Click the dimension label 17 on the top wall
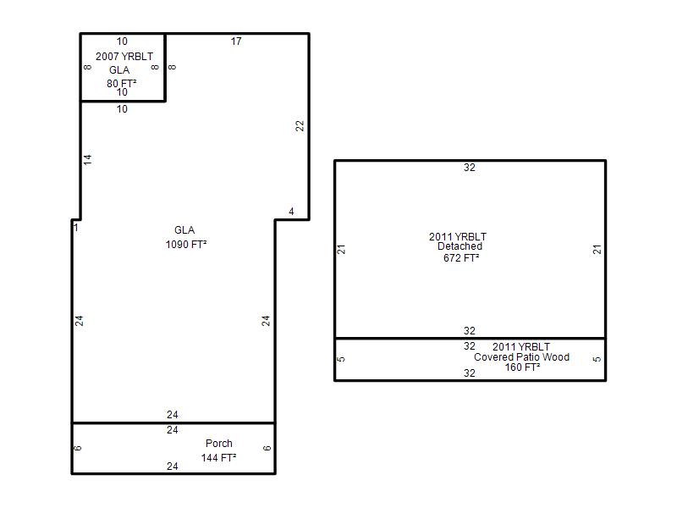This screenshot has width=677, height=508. tap(236, 41)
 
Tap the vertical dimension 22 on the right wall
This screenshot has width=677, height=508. tap(300, 125)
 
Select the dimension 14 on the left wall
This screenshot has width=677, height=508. tap(87, 159)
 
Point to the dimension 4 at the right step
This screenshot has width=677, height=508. tap(291, 211)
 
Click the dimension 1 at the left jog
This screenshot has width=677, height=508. tap(76, 227)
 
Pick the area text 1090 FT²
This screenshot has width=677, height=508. tap(186, 245)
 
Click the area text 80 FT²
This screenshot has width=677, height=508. tap(122, 83)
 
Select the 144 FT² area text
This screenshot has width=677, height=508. tap(218, 457)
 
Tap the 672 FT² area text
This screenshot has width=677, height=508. tap(461, 258)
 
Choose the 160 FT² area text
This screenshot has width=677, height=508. tap(522, 367)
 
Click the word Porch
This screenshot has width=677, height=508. tap(219, 443)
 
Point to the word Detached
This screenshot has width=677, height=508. tap(460, 246)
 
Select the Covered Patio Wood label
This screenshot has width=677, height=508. tap(521, 357)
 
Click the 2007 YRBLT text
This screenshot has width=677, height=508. tap(124, 57)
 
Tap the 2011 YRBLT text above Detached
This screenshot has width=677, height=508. tap(458, 237)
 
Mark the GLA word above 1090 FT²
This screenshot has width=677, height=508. tap(184, 230)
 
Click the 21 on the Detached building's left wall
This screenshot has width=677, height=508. tap(341, 249)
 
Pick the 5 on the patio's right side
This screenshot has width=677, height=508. tap(597, 359)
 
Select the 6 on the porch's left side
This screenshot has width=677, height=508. tap(77, 448)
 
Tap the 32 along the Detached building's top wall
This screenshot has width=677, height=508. tap(470, 168)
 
